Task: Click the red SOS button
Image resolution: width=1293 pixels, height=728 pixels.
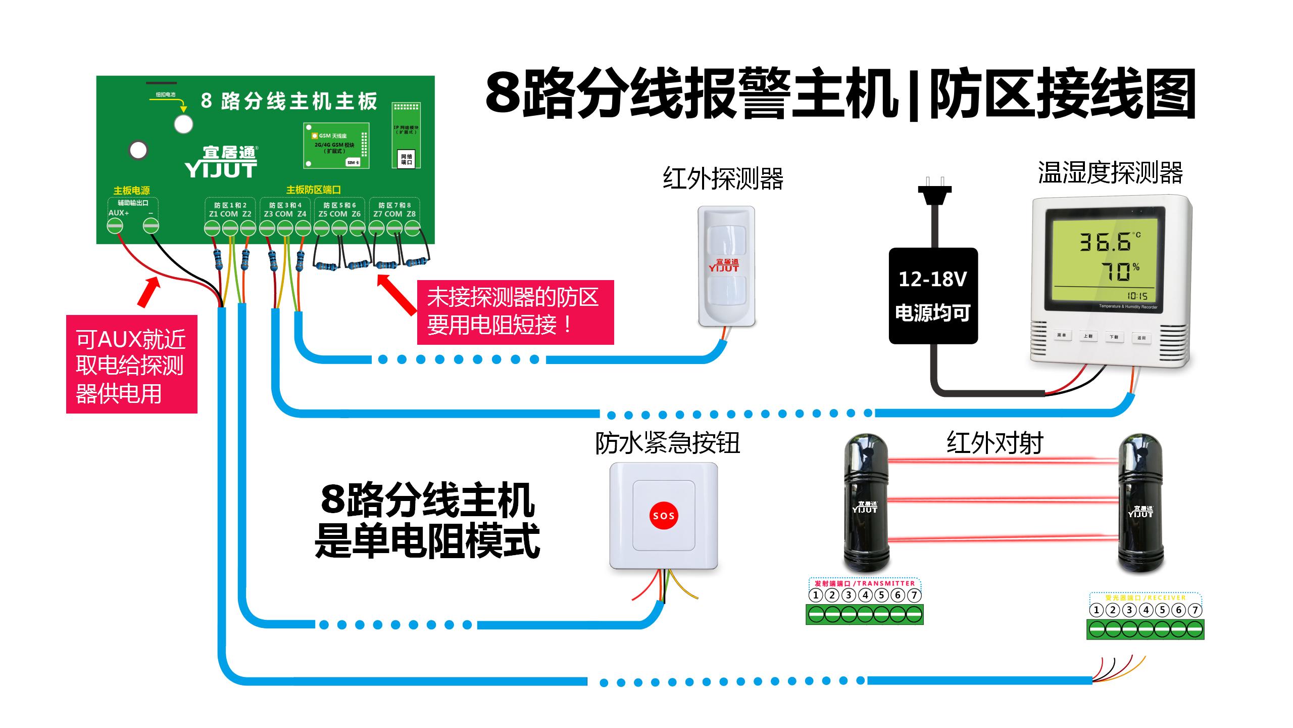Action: tap(664, 516)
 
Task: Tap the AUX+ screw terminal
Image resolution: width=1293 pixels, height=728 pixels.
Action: tap(115, 225)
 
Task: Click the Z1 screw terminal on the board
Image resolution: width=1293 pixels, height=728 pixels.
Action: tap(212, 229)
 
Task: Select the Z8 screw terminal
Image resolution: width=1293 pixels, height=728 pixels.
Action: tap(412, 229)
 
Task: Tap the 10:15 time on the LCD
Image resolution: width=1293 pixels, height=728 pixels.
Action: tap(1137, 296)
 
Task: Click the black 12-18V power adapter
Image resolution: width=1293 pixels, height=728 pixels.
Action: tap(933, 296)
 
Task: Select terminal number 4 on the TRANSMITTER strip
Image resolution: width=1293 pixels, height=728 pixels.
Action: tap(865, 595)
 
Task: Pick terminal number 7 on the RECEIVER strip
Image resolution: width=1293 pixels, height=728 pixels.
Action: tap(1195, 610)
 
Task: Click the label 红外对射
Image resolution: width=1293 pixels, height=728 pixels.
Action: tap(994, 443)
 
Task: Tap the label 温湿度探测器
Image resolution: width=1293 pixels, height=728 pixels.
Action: tap(1110, 173)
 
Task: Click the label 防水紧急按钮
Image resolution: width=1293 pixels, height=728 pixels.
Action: tap(667, 443)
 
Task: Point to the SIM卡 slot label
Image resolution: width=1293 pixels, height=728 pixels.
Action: tap(353, 162)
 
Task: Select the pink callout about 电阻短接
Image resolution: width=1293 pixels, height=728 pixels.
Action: tap(515, 312)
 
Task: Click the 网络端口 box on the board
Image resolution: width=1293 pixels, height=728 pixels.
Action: tap(407, 159)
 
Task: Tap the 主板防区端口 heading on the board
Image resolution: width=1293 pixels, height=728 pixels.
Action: tap(313, 190)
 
